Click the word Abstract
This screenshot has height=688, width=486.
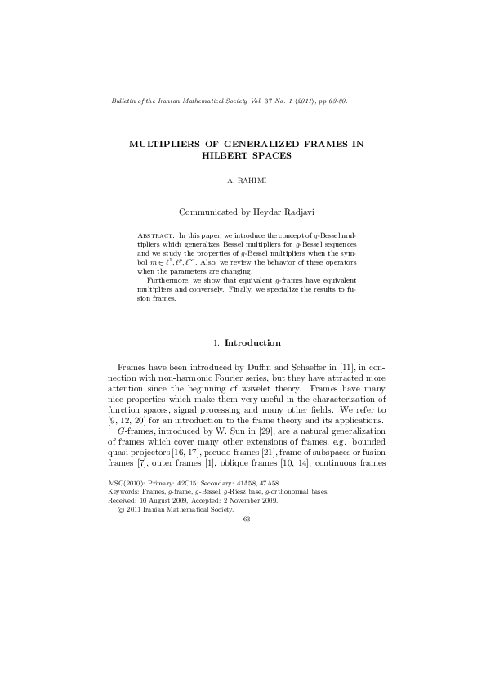[154, 235]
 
